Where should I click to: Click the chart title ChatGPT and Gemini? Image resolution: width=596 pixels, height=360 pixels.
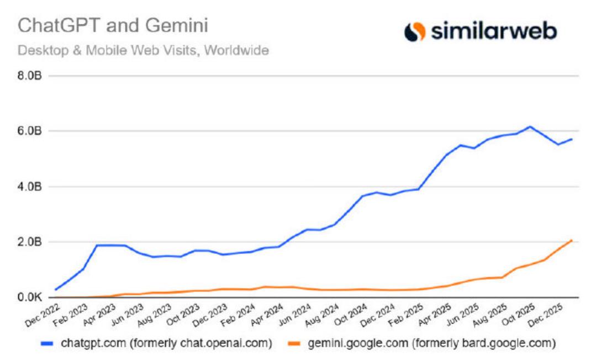coord(114,26)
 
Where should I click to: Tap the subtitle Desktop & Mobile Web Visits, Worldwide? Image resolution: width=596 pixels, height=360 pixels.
coord(143,51)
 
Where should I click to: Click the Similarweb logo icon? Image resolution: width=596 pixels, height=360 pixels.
coord(415,31)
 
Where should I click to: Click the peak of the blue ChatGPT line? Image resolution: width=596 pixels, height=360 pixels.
coord(530,126)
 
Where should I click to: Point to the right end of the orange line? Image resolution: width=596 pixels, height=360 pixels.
coord(572,240)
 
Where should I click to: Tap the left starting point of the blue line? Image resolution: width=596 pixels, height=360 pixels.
coord(55,289)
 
